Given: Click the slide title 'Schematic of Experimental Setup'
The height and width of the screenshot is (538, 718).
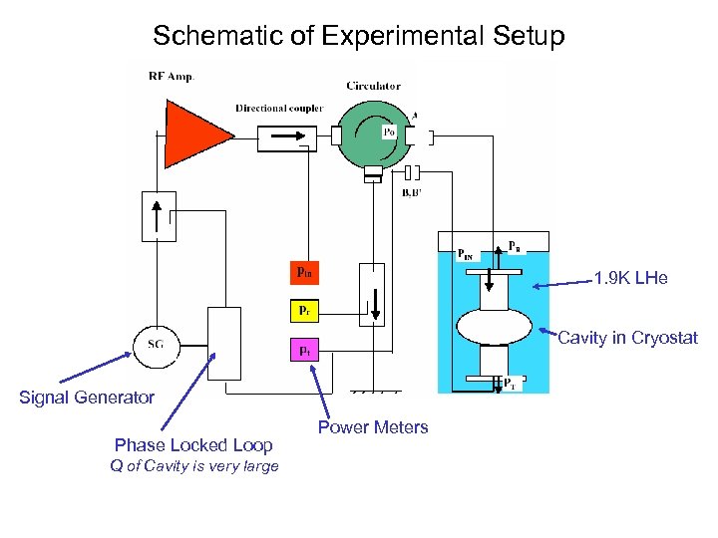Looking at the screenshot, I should (x=359, y=37).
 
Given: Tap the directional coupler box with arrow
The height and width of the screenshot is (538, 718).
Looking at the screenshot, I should (x=286, y=137).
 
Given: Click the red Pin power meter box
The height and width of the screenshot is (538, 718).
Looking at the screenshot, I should (x=305, y=271).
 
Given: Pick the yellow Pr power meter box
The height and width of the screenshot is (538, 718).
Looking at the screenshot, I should (x=305, y=311).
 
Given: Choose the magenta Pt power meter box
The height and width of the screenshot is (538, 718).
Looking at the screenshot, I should (x=305, y=350).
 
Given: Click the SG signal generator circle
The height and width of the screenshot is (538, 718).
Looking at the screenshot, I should (x=156, y=346).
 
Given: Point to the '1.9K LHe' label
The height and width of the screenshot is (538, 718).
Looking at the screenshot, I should (x=630, y=279).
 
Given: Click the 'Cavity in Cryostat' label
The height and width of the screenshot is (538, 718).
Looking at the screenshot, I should (x=627, y=338).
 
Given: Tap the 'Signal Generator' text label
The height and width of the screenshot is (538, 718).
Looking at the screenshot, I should (x=87, y=398).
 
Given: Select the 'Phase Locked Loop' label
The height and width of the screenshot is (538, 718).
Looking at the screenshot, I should (x=193, y=445).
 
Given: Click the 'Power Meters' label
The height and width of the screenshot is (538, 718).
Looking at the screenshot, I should (x=373, y=427).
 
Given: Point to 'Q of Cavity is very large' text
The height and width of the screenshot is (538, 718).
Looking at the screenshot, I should (x=194, y=466).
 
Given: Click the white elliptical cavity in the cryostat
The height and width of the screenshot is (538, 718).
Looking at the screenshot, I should (x=494, y=327).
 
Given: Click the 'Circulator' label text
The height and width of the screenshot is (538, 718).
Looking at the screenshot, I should (x=373, y=86).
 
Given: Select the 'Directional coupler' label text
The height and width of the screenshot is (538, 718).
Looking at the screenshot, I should (x=278, y=108).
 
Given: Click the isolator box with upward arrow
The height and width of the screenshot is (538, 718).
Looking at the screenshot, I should (x=159, y=215).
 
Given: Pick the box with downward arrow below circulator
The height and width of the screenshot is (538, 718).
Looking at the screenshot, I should (x=371, y=294).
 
